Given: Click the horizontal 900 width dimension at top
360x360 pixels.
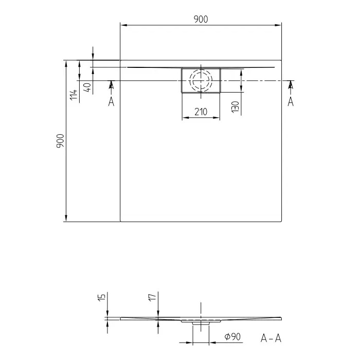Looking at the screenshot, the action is [x=201, y=20].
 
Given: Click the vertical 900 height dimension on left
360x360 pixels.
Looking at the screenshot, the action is [x=60, y=141].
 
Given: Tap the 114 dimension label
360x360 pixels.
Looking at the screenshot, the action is [x=74, y=95].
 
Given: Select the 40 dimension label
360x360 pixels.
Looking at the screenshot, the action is [x=87, y=87].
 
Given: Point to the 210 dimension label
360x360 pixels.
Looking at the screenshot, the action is [x=201, y=112].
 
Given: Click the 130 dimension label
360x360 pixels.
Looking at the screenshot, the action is [x=236, y=107].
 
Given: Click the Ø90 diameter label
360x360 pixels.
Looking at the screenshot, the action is [x=232, y=337].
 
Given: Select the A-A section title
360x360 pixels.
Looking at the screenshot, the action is [x=271, y=338].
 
